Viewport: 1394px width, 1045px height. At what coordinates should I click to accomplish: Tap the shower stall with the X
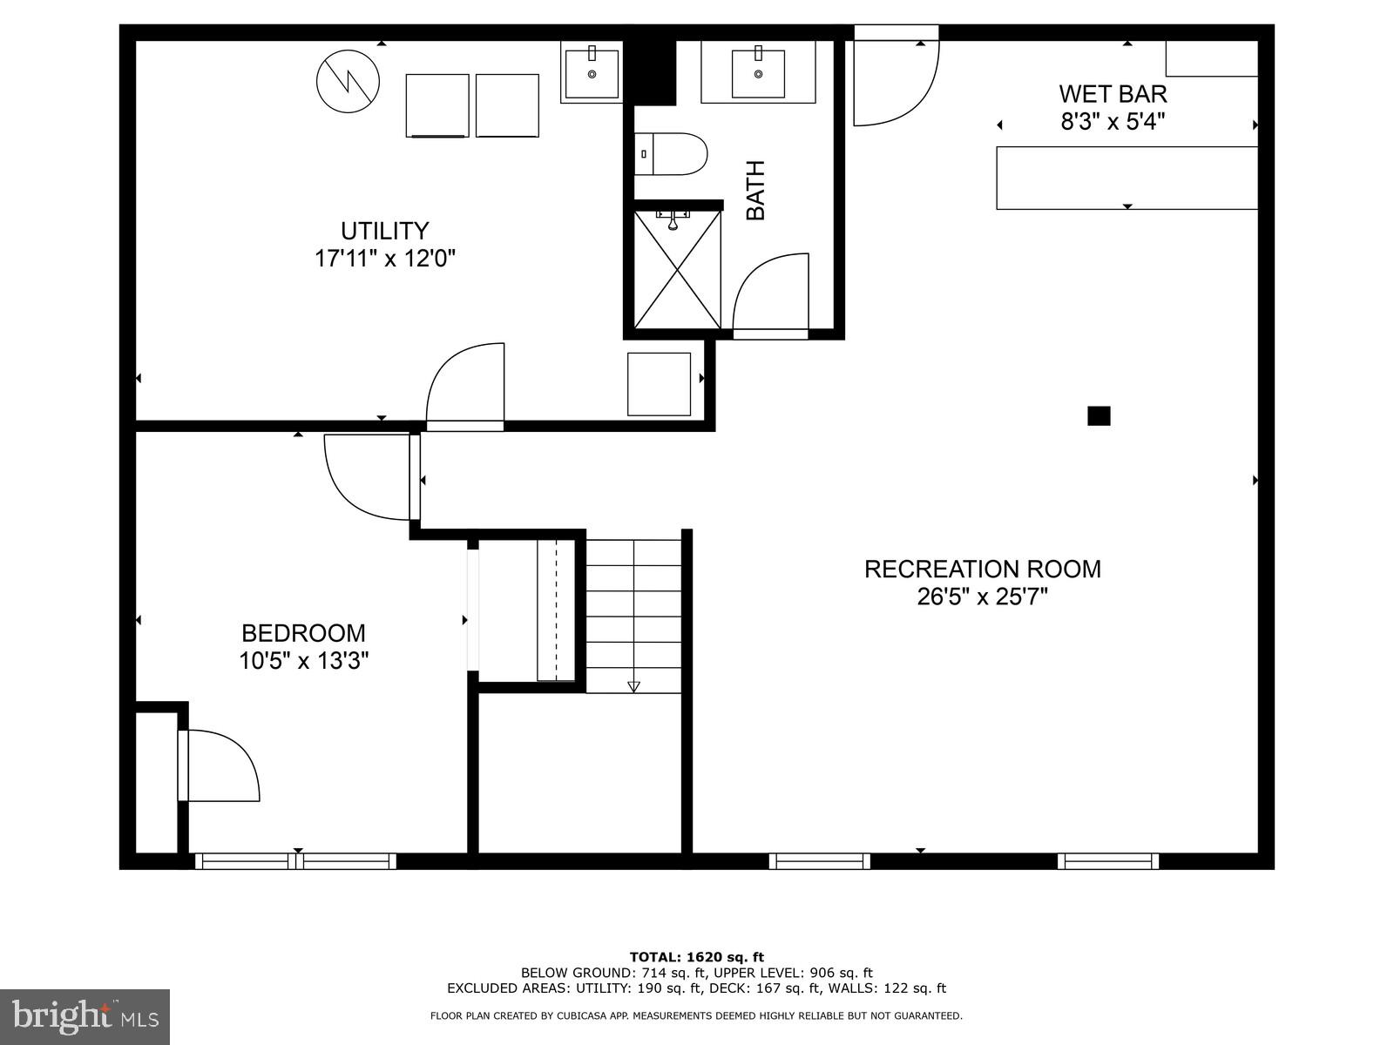tap(677, 270)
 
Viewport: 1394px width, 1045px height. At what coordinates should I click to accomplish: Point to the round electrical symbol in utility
tap(348, 81)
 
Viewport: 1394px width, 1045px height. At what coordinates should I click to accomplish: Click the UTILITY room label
tap(384, 231)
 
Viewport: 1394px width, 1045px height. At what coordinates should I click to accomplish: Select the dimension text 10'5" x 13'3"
tap(304, 661)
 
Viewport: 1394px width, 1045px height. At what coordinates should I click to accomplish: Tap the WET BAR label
tap(1113, 93)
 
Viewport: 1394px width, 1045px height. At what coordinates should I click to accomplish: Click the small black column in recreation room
tap(1099, 415)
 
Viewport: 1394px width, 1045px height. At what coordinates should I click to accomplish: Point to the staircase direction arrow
tap(633, 686)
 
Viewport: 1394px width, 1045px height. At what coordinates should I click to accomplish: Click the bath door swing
tap(770, 293)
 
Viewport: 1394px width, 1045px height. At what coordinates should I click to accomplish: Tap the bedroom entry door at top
tap(369, 476)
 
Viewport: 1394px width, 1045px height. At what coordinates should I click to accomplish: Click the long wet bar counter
tap(1127, 178)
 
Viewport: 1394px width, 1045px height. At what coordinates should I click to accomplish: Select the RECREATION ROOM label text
tap(982, 569)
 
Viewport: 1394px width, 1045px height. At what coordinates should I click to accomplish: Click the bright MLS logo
tap(85, 1016)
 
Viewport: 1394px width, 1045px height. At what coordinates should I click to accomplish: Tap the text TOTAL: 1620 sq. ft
tap(696, 957)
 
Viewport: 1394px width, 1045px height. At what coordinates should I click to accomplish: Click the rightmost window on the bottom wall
tap(1107, 861)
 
